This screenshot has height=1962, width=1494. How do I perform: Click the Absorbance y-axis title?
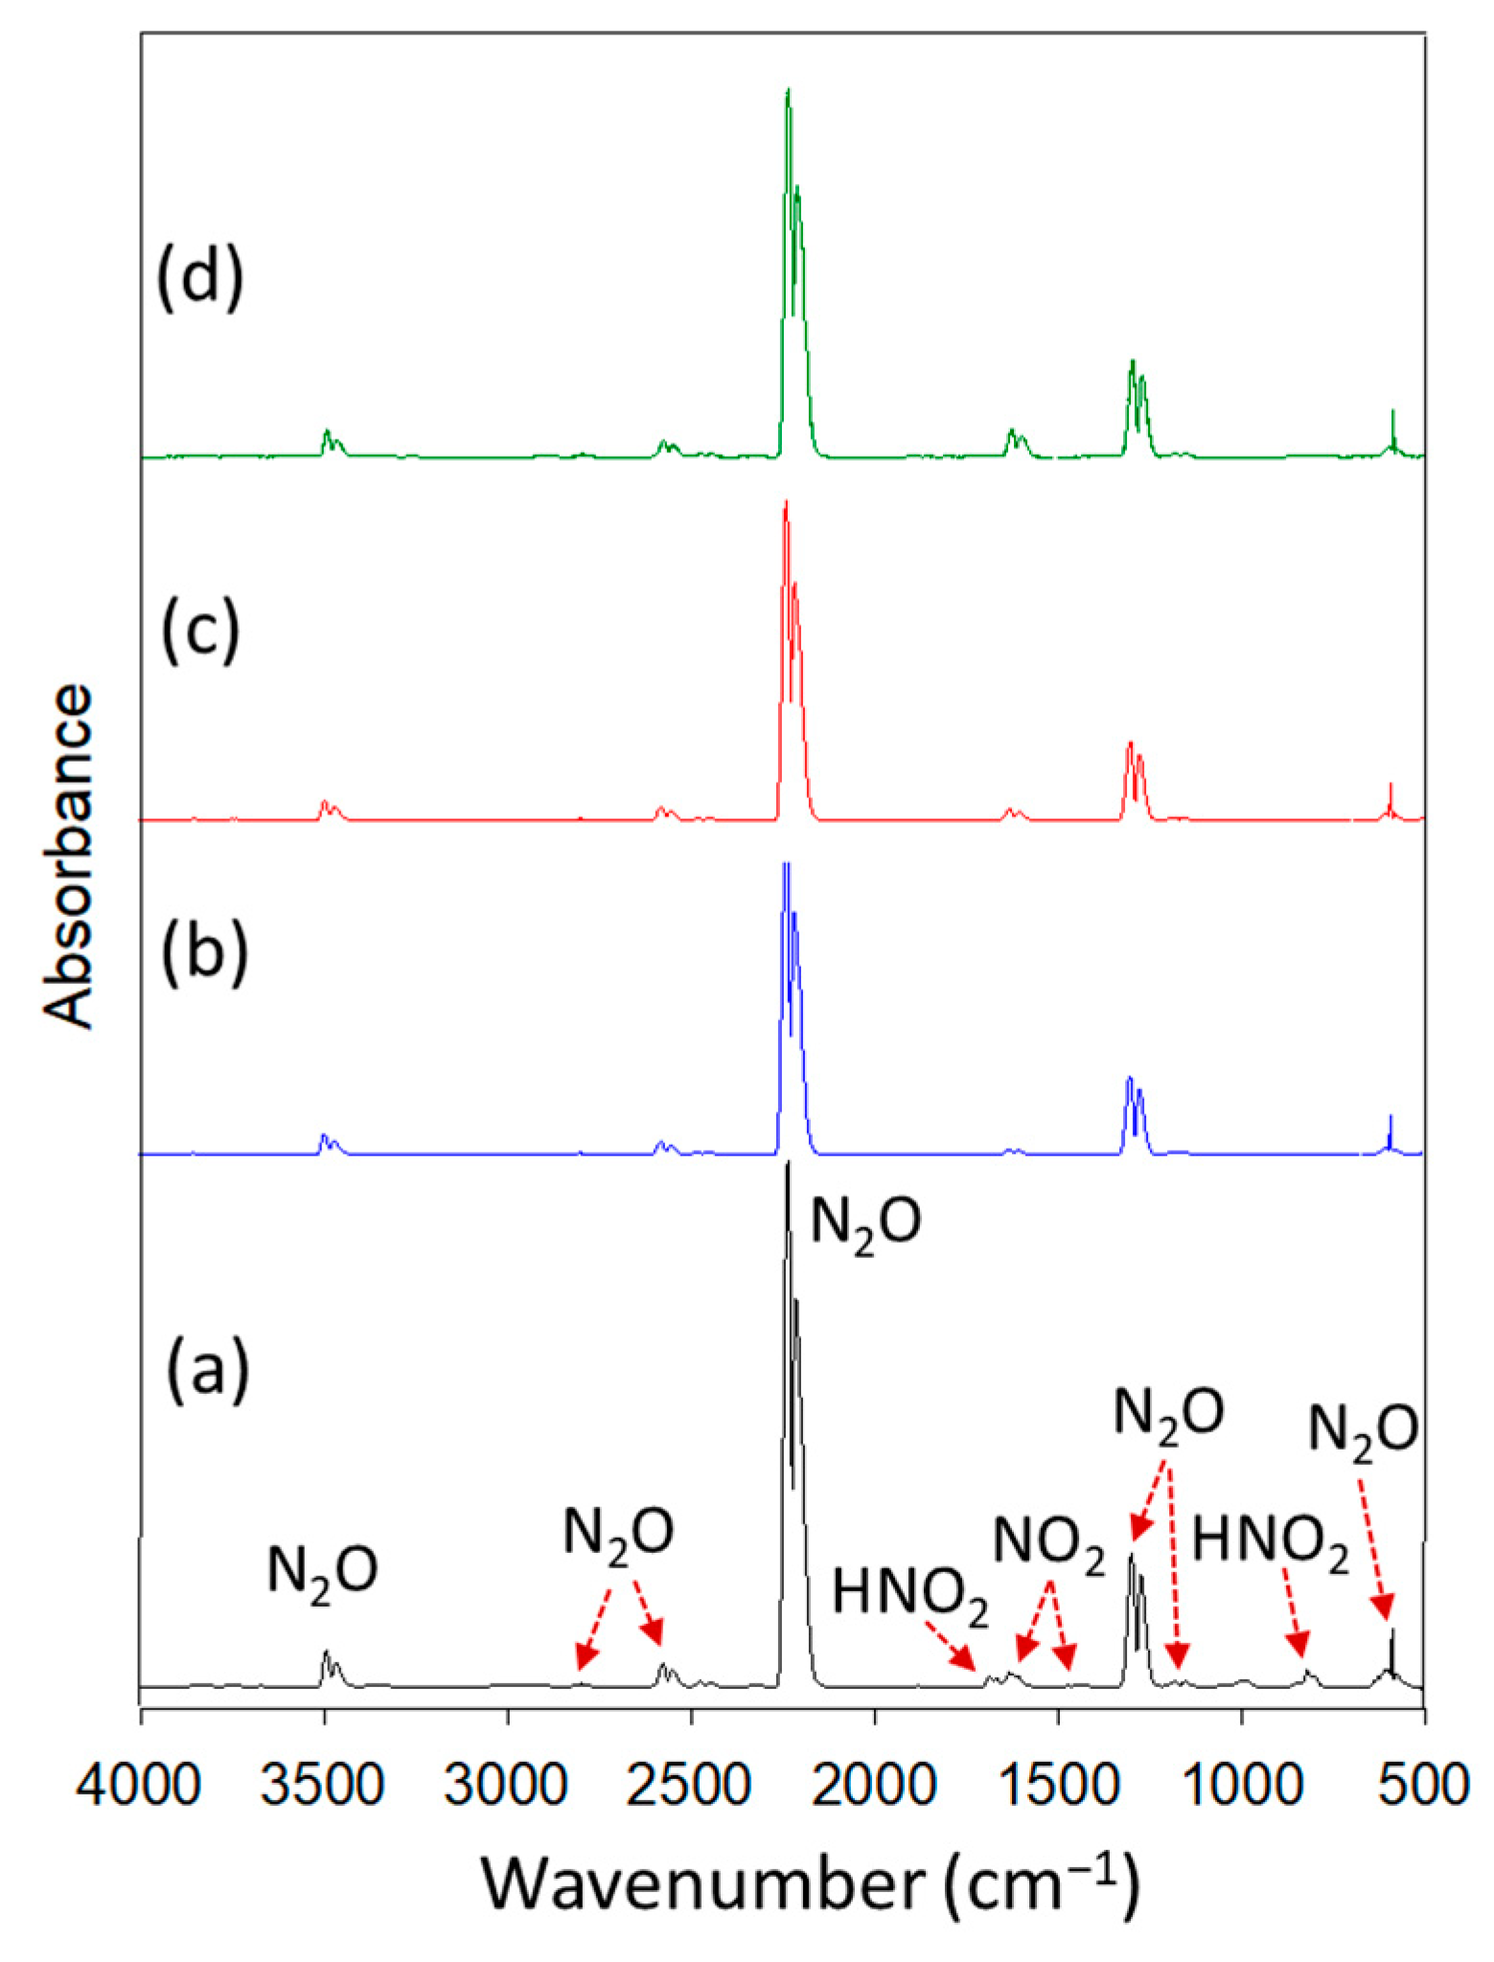point(69,857)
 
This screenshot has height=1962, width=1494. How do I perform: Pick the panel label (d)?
point(199,278)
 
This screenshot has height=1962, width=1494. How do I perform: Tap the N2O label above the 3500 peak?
point(322,1572)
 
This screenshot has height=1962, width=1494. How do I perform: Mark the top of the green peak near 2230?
point(788,91)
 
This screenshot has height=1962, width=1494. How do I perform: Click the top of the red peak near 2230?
point(786,503)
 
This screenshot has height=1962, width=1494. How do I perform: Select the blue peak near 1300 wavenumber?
point(1130,1080)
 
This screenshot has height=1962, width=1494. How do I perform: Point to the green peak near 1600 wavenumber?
point(1012,433)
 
